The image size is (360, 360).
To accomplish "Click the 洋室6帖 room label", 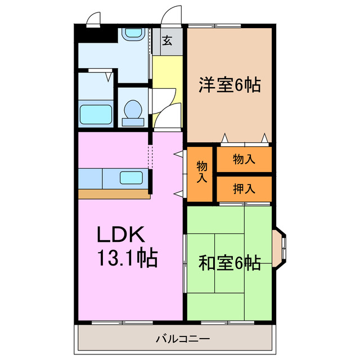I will (x=229, y=85).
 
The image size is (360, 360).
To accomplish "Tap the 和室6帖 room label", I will (x=229, y=263).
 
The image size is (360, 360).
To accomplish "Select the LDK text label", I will (x=123, y=233).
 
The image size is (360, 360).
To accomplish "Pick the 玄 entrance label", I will (x=167, y=40).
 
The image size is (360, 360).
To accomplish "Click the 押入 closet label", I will (x=244, y=189).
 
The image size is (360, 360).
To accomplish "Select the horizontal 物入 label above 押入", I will (x=244, y=159).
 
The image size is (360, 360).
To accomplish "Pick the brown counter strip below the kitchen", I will (x=113, y=193).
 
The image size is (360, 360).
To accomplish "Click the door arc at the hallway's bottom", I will (x=166, y=118).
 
